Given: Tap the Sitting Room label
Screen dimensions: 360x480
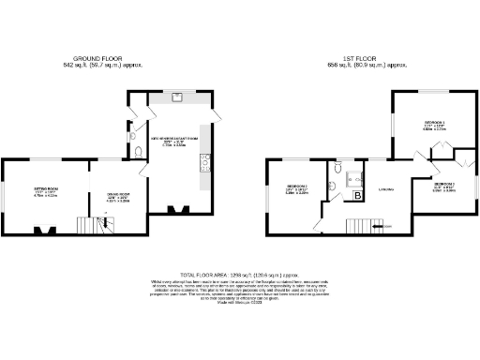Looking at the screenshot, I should (x=46, y=191).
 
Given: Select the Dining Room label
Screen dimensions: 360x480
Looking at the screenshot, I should (x=117, y=197).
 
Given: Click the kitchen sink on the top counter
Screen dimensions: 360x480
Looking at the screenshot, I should (x=177, y=96).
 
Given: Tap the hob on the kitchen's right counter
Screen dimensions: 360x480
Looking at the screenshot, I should (x=203, y=167).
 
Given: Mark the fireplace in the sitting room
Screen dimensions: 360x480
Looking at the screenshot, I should (x=43, y=229).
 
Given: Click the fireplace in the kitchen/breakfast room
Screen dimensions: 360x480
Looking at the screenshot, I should (x=175, y=210).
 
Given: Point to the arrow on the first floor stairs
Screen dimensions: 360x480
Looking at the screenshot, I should (x=381, y=226).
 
